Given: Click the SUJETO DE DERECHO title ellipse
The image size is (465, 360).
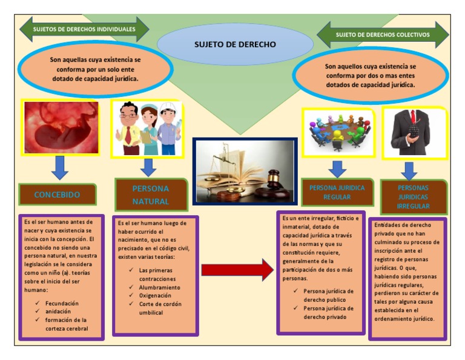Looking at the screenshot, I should (235, 44).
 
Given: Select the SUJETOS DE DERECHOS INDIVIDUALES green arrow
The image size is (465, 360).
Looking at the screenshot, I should (84, 28).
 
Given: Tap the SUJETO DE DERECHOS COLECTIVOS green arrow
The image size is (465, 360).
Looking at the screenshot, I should (383, 35).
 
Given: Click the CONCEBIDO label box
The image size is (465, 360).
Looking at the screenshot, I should (57, 195).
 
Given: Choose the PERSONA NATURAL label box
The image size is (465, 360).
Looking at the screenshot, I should (151, 195).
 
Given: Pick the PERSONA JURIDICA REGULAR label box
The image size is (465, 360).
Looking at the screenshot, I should (337, 192).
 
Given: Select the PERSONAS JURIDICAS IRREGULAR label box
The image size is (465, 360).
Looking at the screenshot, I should (413, 196).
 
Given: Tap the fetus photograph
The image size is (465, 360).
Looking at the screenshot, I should (60, 127).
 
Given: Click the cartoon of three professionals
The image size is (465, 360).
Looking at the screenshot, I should (147, 128).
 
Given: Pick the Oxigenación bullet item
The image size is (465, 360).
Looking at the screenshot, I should (155, 295).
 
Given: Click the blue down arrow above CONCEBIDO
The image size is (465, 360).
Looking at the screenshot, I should (59, 168).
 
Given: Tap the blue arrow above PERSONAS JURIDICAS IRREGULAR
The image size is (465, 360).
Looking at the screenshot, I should (409, 170).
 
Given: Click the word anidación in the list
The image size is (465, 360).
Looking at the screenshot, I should (58, 311).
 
